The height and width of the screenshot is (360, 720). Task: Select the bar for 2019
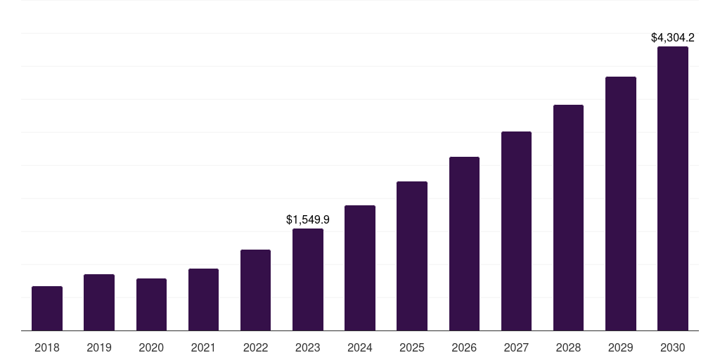point(99,302)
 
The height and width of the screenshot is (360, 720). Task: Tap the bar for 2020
point(151,304)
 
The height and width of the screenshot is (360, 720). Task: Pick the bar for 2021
point(203,300)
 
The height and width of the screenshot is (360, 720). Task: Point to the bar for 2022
point(255,290)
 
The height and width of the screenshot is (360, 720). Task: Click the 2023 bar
point(308,279)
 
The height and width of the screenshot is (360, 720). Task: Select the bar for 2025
point(412,256)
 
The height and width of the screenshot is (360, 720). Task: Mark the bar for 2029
point(621,203)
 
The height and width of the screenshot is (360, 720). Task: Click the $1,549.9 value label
point(308,220)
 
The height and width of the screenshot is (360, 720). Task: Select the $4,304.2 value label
point(673,38)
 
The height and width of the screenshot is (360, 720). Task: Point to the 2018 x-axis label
point(47,347)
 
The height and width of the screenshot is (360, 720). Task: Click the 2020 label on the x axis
point(151,347)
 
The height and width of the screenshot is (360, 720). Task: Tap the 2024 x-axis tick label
point(360,347)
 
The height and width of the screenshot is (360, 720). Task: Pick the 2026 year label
point(464,347)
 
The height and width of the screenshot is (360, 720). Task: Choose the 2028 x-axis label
point(568,347)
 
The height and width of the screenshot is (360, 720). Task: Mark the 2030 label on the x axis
point(673,347)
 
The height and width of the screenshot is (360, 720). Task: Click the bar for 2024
point(360,268)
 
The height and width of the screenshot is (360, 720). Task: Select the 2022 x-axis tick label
point(255,347)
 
